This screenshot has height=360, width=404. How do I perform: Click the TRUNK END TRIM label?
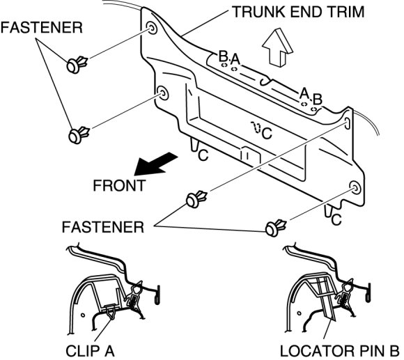coord(298,12)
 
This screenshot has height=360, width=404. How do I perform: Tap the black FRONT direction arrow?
coord(155,164)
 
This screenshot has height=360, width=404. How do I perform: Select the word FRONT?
coord(120,185)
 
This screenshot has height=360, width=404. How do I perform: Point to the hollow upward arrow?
coord(277,47)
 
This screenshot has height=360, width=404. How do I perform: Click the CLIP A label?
coord(90,351)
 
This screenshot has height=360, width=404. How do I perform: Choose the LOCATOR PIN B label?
coord(340,351)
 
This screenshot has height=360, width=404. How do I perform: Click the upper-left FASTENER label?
coord(42,28)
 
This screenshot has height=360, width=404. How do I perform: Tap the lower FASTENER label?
coord(103,227)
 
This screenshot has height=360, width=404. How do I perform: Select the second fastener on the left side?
coord(79,134)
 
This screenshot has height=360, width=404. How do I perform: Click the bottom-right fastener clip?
coord(276,228)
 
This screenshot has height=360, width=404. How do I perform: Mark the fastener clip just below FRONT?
coord(196,199)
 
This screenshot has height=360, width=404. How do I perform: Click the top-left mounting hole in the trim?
coord(151,28)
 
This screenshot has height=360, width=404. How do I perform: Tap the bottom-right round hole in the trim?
coord(355,188)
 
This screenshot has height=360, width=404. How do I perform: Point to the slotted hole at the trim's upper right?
coord(348,123)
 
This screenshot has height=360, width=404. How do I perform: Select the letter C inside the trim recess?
coord(267,134)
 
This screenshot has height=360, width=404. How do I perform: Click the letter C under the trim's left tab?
coord(203,155)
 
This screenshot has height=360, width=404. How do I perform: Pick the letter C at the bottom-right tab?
coord(336,219)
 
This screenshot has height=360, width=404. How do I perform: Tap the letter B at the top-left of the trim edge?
coord(223,56)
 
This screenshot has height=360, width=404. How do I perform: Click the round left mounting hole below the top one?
coord(163,93)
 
